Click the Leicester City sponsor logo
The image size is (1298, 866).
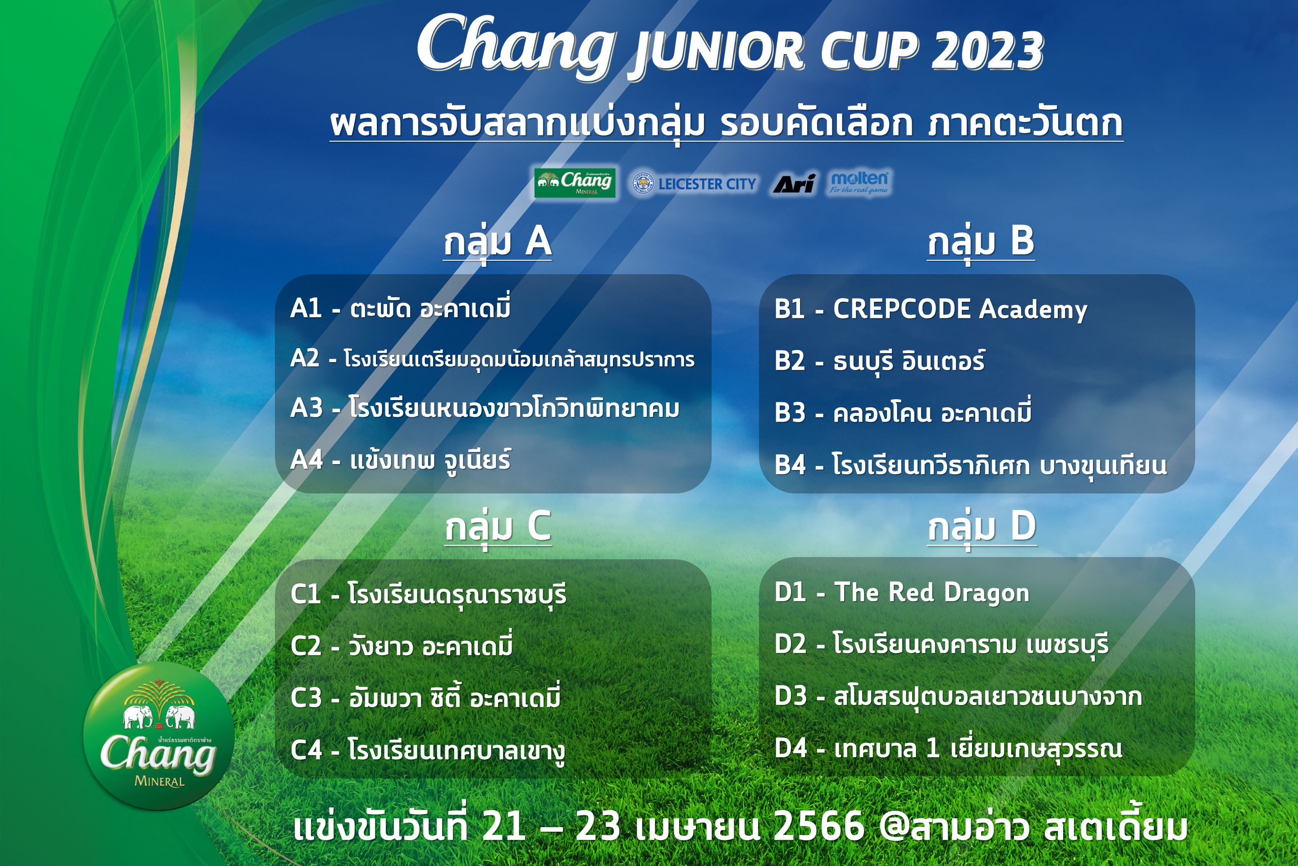pos(694,184)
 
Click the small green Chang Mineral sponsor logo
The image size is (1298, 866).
pos(575,183)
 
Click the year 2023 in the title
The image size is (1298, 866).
pos(987,51)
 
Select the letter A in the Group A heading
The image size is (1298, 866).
pos(538,241)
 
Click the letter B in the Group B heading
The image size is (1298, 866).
pos(1022,241)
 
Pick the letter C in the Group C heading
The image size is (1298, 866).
pos(539,526)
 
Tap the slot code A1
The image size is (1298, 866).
pos(306,308)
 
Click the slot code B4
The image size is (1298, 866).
pos(790,465)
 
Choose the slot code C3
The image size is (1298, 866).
pos(306,698)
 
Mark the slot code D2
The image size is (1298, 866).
pos(790,644)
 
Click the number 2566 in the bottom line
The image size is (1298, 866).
pos(819,827)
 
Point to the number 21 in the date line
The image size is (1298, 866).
pos(503,827)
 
